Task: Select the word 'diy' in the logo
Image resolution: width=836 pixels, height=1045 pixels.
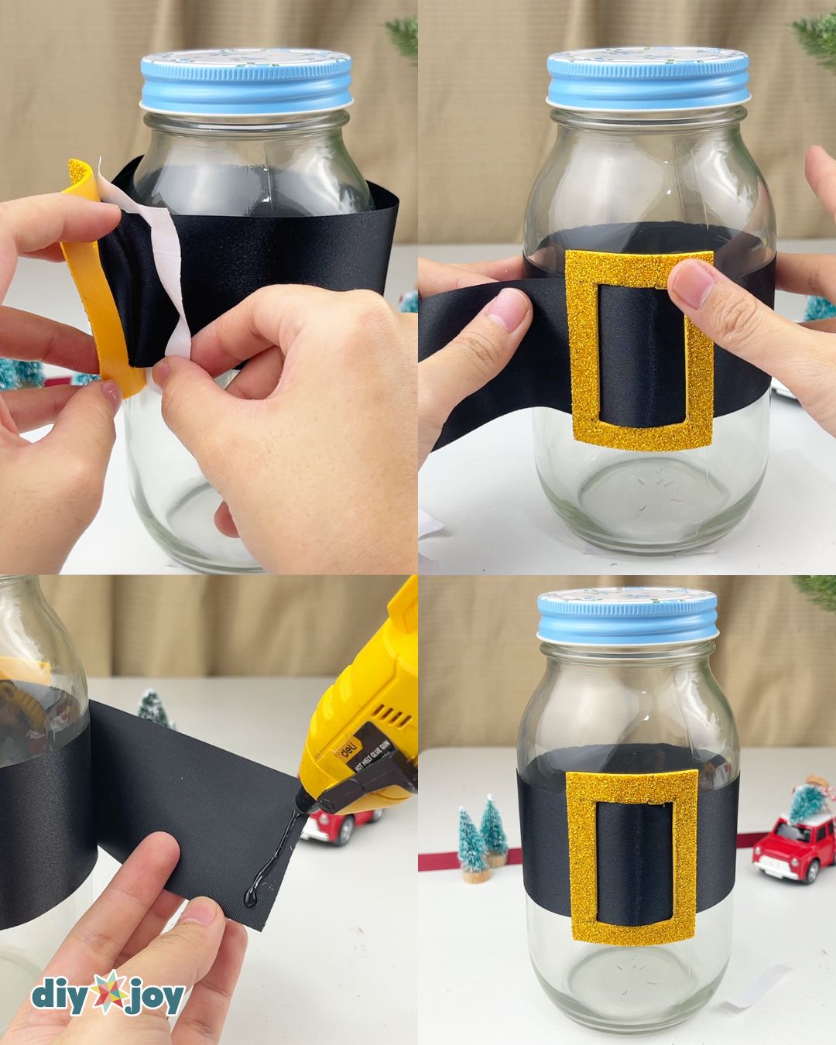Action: (x=63, y=995)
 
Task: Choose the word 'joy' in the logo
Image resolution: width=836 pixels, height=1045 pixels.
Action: (x=156, y=997)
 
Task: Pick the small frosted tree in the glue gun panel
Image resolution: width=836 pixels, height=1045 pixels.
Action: (x=152, y=708)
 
